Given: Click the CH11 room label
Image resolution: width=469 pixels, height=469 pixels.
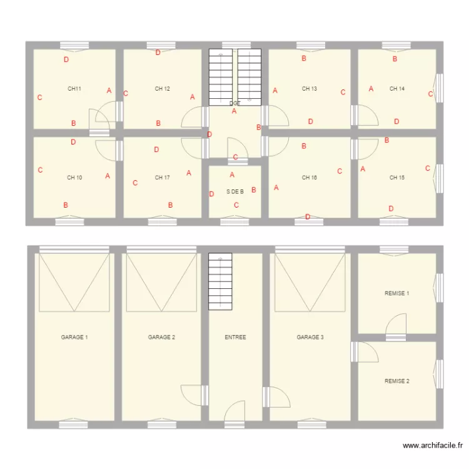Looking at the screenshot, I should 74,89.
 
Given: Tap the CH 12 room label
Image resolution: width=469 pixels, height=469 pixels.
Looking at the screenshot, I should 163,89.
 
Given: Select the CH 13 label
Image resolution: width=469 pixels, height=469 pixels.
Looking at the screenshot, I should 310,89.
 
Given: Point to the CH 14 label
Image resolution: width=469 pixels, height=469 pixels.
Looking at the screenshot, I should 397,89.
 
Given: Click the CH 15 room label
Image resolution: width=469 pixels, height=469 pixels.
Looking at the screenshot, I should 397,178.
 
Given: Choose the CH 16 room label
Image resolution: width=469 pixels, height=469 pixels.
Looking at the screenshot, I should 310,178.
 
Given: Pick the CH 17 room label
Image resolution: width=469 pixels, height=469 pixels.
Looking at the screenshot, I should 163,178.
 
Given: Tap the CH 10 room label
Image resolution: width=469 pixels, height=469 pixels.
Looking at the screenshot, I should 74,178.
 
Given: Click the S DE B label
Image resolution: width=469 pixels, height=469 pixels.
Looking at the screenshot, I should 235,192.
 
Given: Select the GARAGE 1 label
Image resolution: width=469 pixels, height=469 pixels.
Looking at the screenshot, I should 74,337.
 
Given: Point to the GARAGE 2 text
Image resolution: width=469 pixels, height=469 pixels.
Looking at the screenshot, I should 161,337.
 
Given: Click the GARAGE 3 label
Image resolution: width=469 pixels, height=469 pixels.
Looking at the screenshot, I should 310,337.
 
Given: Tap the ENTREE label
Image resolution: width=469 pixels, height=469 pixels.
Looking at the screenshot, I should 235,337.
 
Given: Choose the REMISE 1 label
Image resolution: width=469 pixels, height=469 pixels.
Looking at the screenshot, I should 397,293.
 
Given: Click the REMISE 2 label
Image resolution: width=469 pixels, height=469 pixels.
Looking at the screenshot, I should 397,381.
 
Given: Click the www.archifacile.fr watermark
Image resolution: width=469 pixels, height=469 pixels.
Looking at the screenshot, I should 433,446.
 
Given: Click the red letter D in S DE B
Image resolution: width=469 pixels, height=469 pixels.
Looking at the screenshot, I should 212,194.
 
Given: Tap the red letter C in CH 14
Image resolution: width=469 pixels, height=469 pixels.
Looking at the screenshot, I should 430,94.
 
